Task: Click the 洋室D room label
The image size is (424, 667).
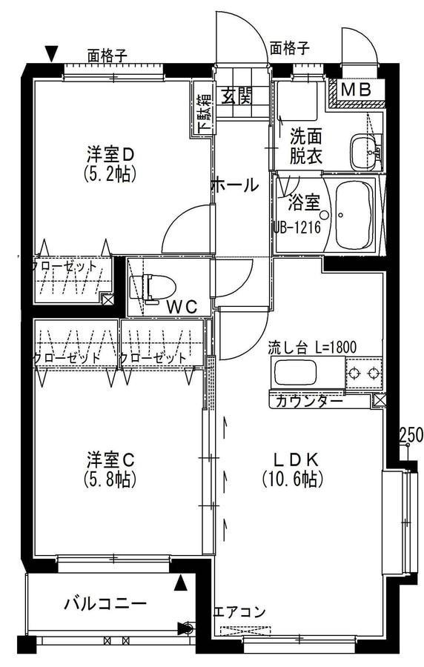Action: click(x=110, y=154)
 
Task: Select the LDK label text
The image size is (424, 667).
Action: click(x=296, y=459)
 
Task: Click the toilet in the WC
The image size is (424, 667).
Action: click(x=153, y=288)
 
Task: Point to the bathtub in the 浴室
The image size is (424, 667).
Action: click(x=354, y=215)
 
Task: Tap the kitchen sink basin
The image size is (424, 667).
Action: click(x=296, y=372)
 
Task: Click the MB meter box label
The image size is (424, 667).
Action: click(x=357, y=90)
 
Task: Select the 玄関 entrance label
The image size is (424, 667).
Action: click(x=236, y=96)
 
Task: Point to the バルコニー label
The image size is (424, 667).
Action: click(x=105, y=603)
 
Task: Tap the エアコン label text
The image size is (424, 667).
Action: click(x=239, y=613)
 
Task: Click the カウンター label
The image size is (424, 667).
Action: click(x=309, y=401)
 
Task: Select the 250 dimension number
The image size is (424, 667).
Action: click(x=411, y=434)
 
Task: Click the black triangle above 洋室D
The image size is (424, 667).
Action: click(x=52, y=53)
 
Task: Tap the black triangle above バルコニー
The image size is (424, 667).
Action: click(x=181, y=583)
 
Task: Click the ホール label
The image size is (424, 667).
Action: click(x=234, y=185)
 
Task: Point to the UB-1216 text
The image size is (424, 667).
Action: click(x=297, y=228)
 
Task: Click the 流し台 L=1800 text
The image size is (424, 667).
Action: click(x=312, y=348)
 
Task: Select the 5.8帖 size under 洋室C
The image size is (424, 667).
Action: click(x=110, y=479)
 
